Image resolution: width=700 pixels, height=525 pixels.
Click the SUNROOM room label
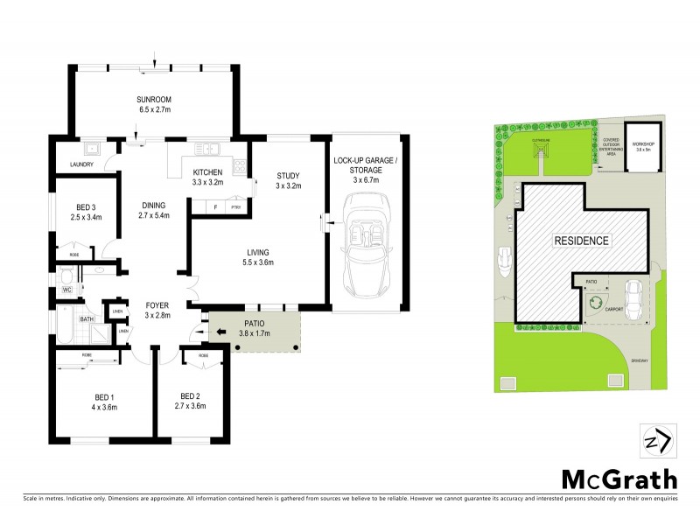coord(154,100)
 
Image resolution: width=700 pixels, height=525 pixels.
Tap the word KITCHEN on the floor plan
coord(208,172)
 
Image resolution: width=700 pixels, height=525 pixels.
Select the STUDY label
coord(288,174)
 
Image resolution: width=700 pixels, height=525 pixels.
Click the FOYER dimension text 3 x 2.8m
coord(157,315)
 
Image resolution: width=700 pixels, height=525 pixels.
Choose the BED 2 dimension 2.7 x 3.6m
coord(190,406)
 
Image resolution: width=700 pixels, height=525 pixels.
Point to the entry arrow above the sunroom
coord(154,59)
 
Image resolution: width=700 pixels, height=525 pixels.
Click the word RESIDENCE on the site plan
coord(580,239)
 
